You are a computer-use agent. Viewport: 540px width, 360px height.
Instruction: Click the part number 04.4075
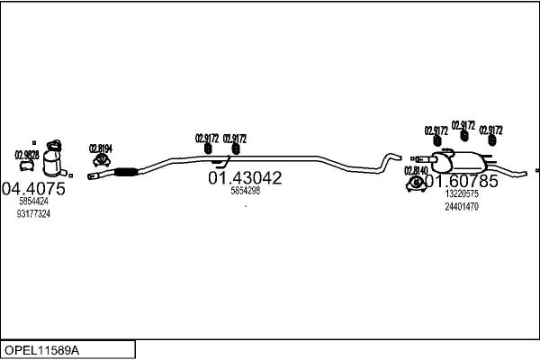33,189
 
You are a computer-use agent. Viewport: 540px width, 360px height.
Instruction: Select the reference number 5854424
33,202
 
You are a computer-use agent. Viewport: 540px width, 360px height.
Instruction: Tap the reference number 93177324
33,214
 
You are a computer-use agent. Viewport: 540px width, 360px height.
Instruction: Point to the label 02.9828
27,155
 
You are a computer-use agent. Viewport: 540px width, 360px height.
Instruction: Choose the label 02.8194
100,148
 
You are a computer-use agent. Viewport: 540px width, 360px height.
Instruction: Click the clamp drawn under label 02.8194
101,162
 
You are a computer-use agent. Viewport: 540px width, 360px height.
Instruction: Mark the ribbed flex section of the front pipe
124,172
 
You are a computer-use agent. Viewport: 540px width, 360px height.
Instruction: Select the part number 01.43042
245,178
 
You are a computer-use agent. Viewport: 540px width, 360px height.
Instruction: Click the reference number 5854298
245,191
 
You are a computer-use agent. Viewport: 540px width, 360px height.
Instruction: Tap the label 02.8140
416,170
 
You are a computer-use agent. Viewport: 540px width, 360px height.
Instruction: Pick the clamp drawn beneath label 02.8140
417,184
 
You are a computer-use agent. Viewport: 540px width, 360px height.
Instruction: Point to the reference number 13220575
462,193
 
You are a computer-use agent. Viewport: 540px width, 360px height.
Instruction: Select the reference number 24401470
462,206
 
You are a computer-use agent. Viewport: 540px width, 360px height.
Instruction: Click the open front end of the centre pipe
92,177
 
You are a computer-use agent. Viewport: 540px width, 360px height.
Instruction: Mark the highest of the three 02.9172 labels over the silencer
463,125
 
